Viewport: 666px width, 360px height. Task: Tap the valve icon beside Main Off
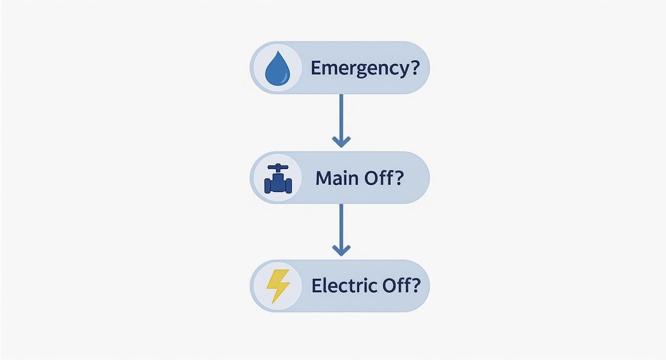point(278,179)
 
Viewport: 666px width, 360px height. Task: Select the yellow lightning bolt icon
point(278,286)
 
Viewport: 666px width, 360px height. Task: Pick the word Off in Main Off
point(379,178)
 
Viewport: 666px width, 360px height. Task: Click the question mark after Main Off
point(400,178)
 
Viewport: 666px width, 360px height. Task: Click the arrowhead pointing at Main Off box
point(341,142)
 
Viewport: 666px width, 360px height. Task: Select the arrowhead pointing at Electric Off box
point(341,250)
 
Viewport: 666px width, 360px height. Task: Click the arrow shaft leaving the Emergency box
point(341,115)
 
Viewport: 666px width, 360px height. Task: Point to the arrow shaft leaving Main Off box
point(341,225)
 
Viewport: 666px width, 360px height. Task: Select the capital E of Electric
point(316,286)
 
